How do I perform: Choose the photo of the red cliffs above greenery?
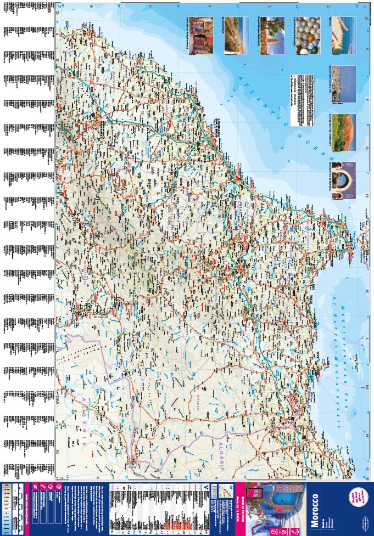pyautogui.click(x=344, y=132)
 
